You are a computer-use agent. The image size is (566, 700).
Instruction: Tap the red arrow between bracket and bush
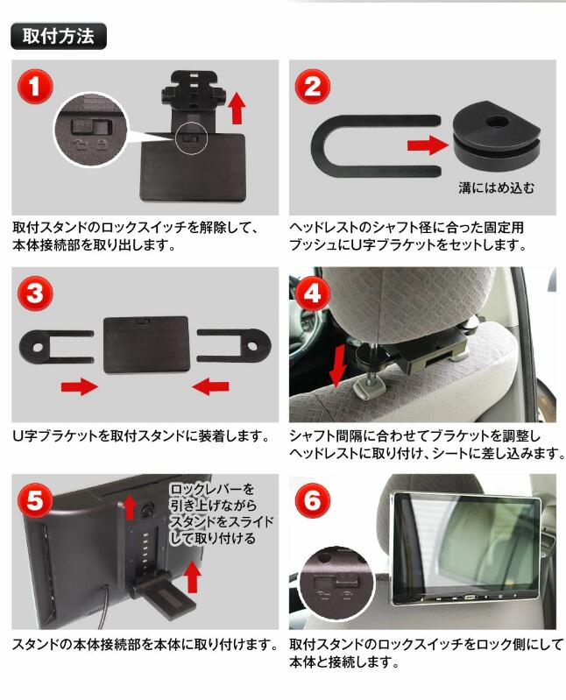point(428,145)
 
